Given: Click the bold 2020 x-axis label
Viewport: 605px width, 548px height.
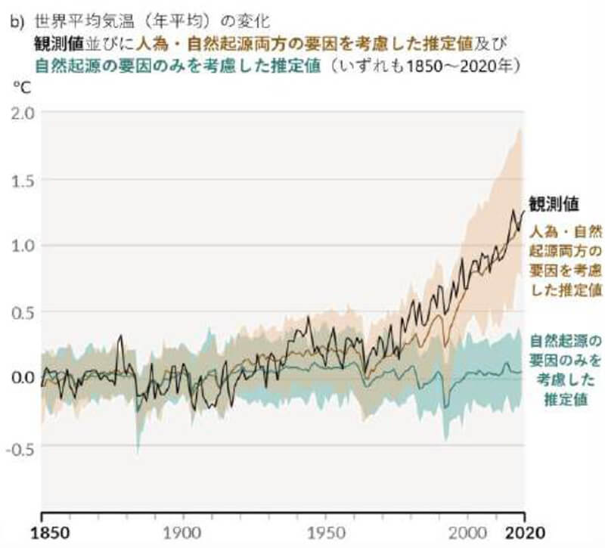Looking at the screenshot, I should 526,531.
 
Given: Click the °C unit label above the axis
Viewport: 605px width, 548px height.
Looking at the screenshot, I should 20,88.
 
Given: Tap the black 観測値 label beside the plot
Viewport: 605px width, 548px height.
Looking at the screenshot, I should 554,204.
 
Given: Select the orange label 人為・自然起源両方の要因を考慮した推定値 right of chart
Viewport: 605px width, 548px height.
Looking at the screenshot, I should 566,259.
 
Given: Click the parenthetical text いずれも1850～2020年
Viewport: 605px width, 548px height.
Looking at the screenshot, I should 424,65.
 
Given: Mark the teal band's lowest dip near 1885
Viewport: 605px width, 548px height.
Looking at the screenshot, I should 138,452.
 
